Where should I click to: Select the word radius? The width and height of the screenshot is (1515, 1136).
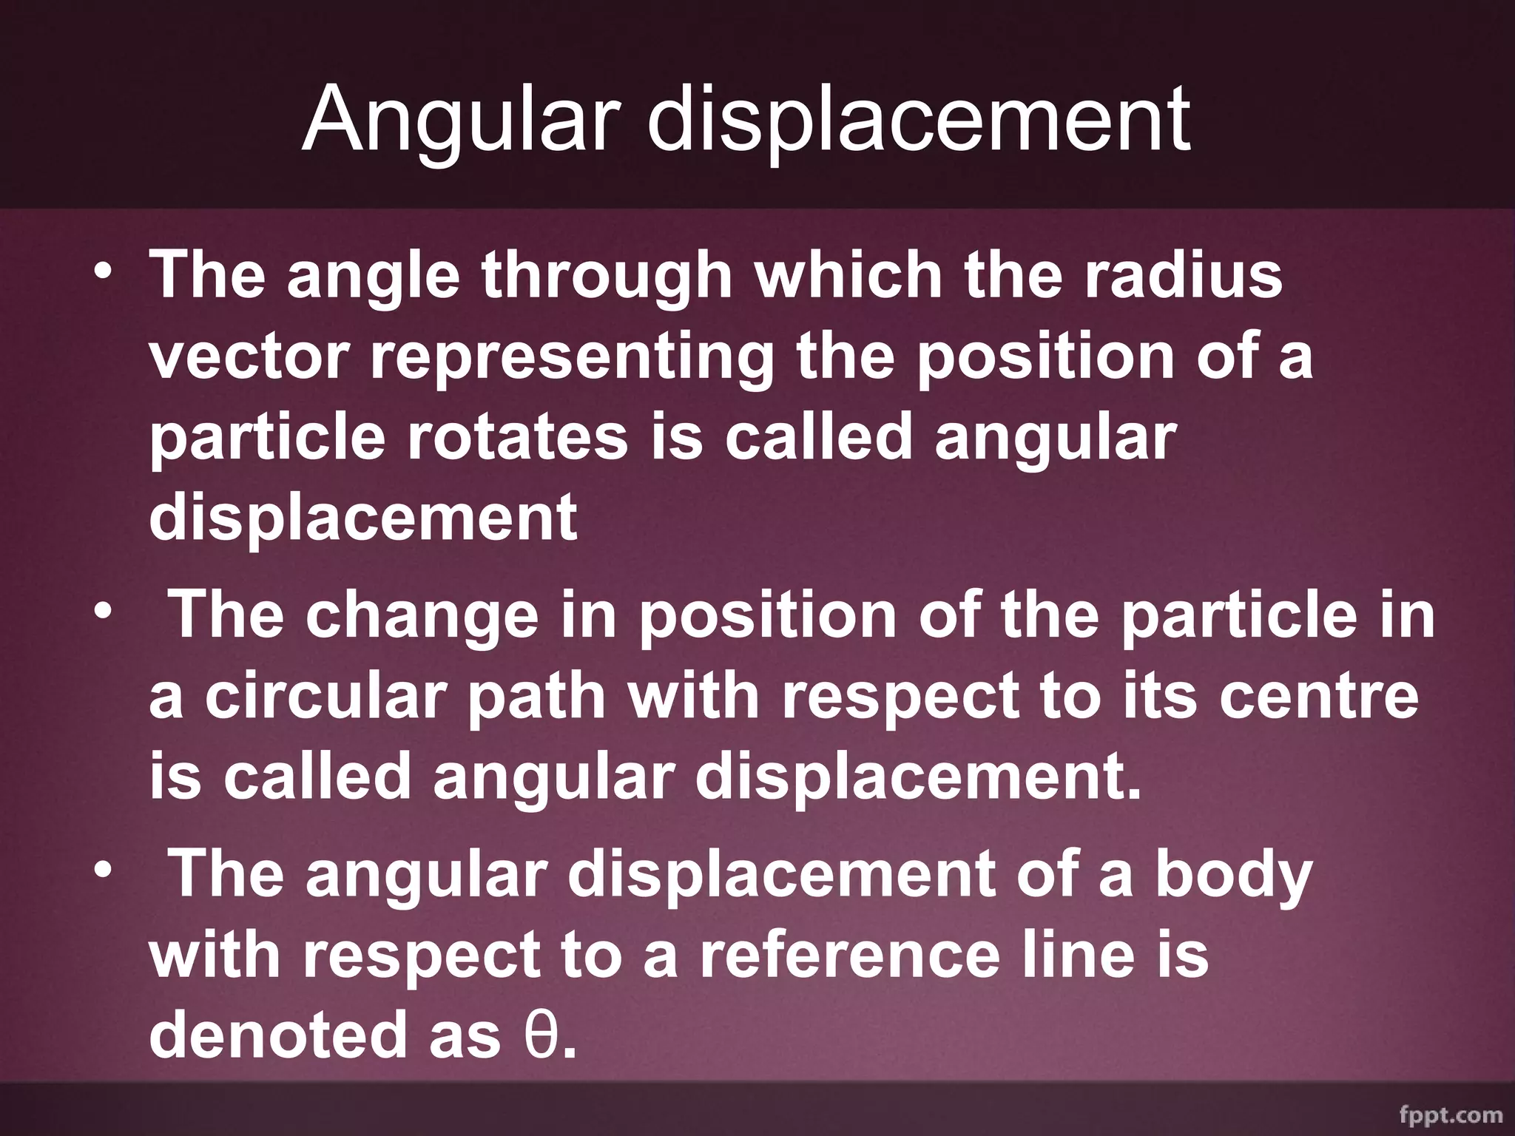click(x=1183, y=275)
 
